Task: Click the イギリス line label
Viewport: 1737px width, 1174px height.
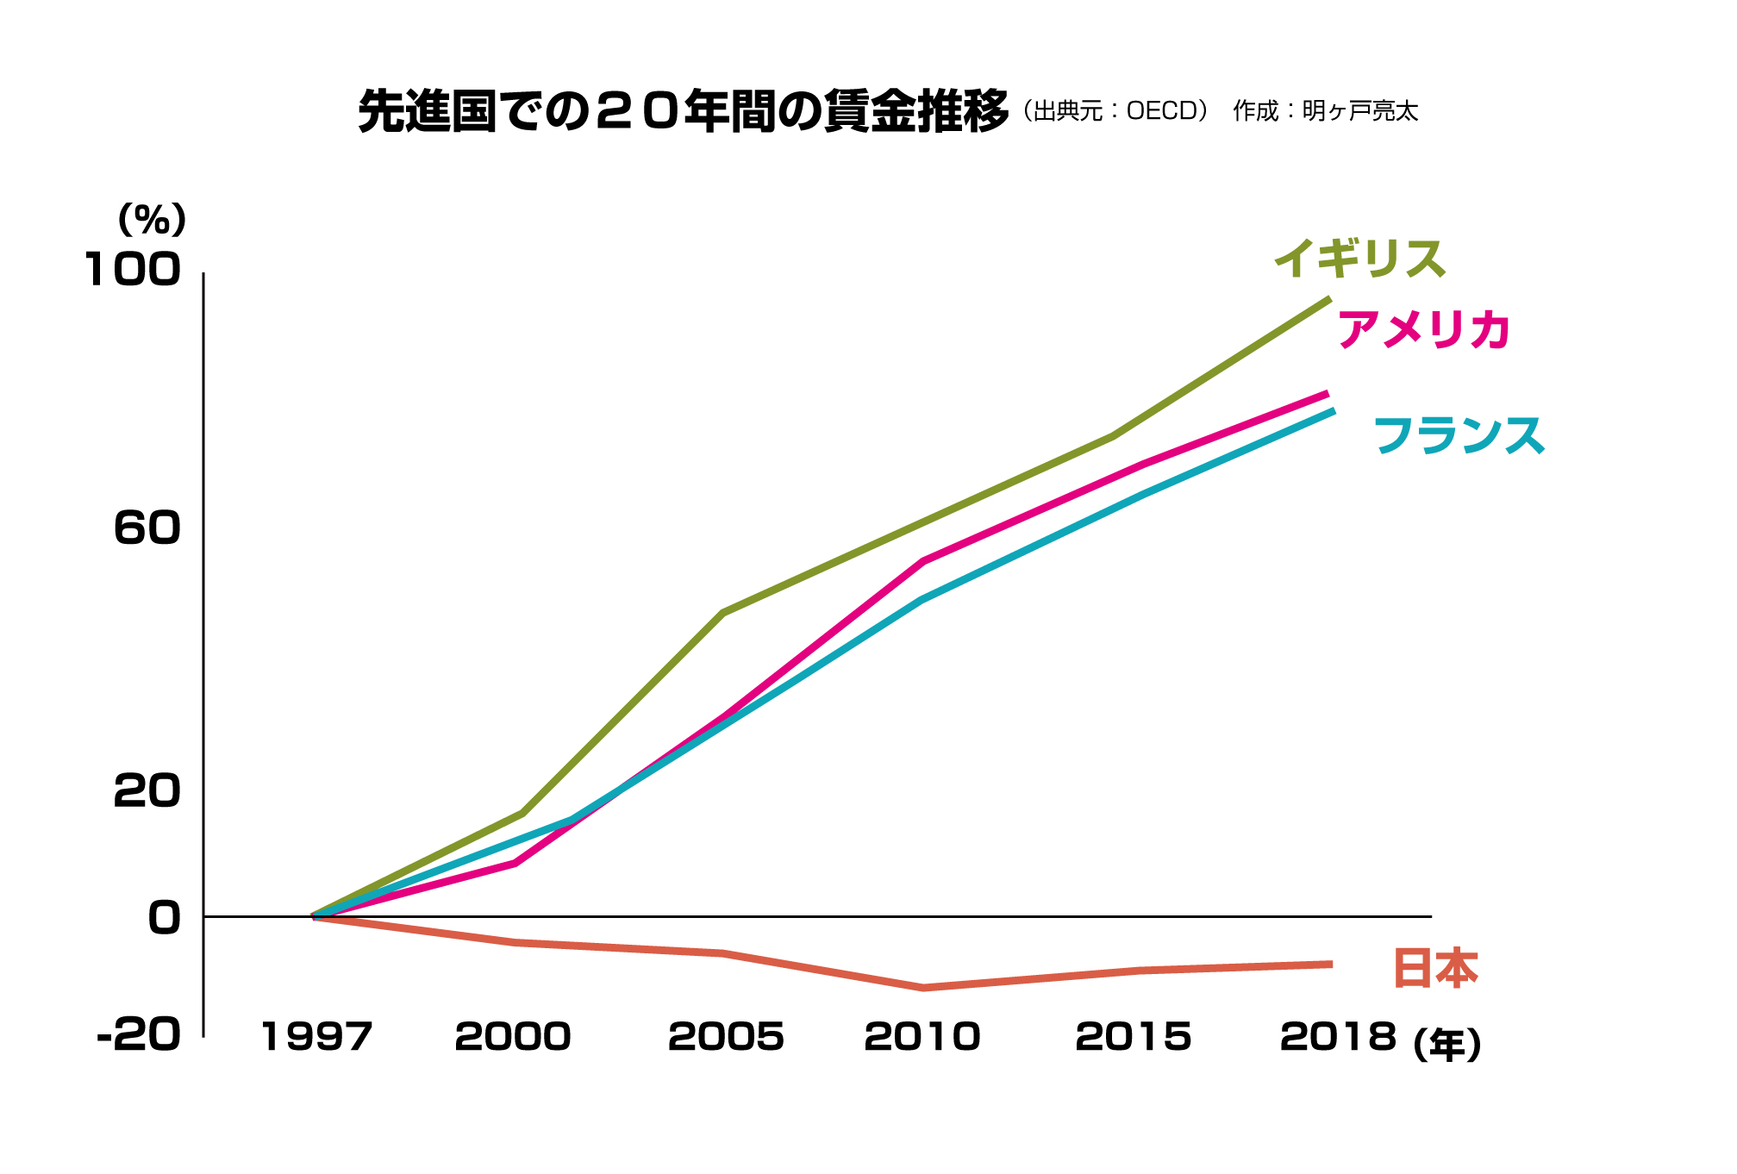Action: click(1359, 259)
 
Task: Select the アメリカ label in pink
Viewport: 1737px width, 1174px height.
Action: click(1423, 329)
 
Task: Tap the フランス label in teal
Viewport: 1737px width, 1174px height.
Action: click(1459, 434)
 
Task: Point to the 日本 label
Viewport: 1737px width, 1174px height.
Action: click(1435, 968)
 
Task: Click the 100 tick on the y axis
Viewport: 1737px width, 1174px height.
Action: click(133, 270)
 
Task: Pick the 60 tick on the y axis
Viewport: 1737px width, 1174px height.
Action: click(147, 528)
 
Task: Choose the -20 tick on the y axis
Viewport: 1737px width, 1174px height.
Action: click(139, 1033)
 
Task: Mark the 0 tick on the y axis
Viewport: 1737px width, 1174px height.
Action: click(165, 918)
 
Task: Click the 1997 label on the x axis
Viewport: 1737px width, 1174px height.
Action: click(316, 1036)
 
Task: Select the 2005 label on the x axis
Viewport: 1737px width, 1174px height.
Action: click(726, 1036)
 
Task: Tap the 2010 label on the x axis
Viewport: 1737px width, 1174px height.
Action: click(922, 1036)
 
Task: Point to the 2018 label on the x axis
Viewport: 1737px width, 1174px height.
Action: click(1338, 1036)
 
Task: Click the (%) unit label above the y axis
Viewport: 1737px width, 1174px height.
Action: click(152, 220)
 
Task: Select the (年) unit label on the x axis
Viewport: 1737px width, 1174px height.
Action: click(1447, 1045)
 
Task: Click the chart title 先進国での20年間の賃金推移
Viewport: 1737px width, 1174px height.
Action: click(683, 112)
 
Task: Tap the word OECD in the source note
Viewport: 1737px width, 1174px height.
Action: click(1161, 111)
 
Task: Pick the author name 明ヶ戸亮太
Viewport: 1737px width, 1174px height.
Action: click(1359, 111)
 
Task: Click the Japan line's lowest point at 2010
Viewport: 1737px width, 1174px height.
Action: click(923, 988)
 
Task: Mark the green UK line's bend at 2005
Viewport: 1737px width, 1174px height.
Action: click(723, 613)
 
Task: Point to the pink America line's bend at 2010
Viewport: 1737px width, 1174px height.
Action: click(923, 562)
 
